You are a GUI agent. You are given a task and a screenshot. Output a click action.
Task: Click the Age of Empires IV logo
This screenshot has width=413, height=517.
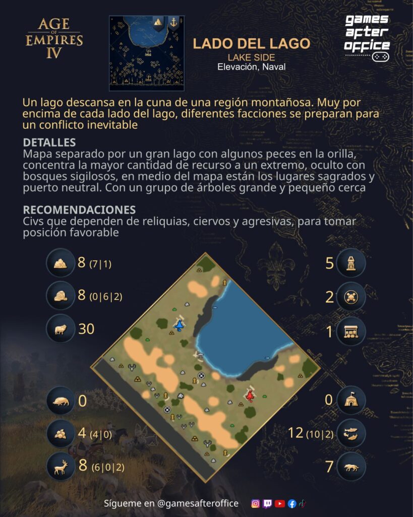click(x=54, y=38)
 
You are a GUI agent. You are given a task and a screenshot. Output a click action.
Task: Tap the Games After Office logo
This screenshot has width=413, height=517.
click(x=367, y=38)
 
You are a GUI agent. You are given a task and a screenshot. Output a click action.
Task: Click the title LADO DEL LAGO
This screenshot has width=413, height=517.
click(x=251, y=43)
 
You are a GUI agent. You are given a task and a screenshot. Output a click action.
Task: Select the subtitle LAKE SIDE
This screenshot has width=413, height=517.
click(x=251, y=58)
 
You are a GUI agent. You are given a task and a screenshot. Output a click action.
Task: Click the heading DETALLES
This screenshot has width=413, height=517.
click(x=49, y=142)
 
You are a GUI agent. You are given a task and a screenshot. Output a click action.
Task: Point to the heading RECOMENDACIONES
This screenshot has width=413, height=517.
click(x=79, y=210)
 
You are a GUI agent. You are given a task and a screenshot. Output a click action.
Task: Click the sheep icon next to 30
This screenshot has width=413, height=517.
click(x=61, y=329)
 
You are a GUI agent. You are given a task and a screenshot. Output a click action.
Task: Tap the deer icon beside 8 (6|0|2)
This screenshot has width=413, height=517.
click(x=61, y=467)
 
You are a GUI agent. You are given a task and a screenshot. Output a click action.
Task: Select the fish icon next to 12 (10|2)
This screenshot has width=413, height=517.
click(x=351, y=433)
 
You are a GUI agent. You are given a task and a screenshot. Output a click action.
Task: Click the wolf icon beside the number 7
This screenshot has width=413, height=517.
click(x=351, y=467)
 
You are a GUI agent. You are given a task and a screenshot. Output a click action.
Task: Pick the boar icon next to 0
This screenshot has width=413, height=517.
click(x=61, y=400)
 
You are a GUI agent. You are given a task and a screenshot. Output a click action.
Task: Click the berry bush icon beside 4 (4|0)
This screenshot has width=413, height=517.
click(x=61, y=434)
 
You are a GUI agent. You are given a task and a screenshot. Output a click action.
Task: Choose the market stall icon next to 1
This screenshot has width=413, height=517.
click(x=351, y=331)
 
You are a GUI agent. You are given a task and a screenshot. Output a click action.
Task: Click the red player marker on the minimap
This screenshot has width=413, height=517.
click(x=250, y=394)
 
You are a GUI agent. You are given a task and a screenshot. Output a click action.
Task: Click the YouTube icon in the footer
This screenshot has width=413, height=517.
click(x=279, y=503)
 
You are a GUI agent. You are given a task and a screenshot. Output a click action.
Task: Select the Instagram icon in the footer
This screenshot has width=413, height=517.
click(x=255, y=503)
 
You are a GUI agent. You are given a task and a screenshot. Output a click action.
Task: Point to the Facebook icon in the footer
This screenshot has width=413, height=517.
click(x=292, y=503)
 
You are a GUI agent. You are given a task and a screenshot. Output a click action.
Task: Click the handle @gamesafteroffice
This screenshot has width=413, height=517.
click(x=198, y=503)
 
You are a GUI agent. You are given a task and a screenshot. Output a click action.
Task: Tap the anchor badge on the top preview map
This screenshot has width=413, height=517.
click(x=173, y=23)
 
